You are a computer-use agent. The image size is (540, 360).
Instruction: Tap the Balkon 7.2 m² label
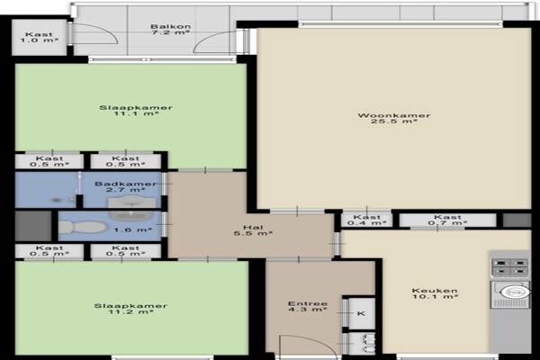point(170,30)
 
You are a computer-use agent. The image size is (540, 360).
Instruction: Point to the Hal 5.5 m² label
point(253,230)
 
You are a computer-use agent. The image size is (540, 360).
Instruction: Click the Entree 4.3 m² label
point(308,307)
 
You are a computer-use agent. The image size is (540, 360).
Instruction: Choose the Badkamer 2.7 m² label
point(126,186)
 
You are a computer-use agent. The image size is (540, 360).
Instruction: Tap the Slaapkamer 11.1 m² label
point(136,111)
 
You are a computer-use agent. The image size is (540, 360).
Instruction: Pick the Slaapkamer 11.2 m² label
point(130,309)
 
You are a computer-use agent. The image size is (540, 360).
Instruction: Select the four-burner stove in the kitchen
point(509,267)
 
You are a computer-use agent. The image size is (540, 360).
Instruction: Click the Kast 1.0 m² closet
point(39,37)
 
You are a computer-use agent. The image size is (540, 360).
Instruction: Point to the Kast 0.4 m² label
point(367,220)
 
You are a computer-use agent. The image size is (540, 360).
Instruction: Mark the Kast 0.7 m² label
point(447,220)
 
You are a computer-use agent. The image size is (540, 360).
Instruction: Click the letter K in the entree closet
point(361,313)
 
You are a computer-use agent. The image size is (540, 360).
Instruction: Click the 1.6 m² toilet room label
point(132,229)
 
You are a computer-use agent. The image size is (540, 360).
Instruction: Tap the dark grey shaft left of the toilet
point(33,226)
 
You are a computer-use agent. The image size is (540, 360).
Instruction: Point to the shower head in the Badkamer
point(79,176)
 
